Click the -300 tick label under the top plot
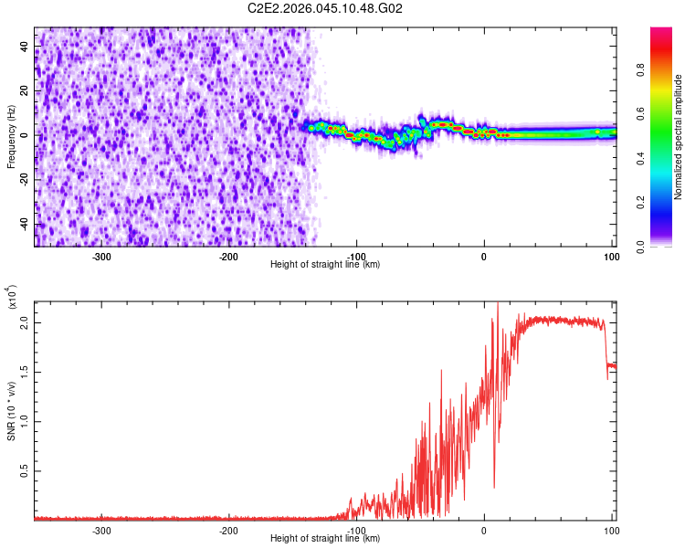[x=102, y=256]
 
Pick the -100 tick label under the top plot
[x=357, y=256]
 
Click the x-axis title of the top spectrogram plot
[x=325, y=265]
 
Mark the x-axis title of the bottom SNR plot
[x=325, y=539]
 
